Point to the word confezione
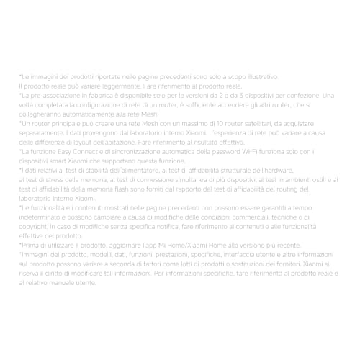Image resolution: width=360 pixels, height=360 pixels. point(303,95)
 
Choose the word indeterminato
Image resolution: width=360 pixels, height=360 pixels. point(42,217)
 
